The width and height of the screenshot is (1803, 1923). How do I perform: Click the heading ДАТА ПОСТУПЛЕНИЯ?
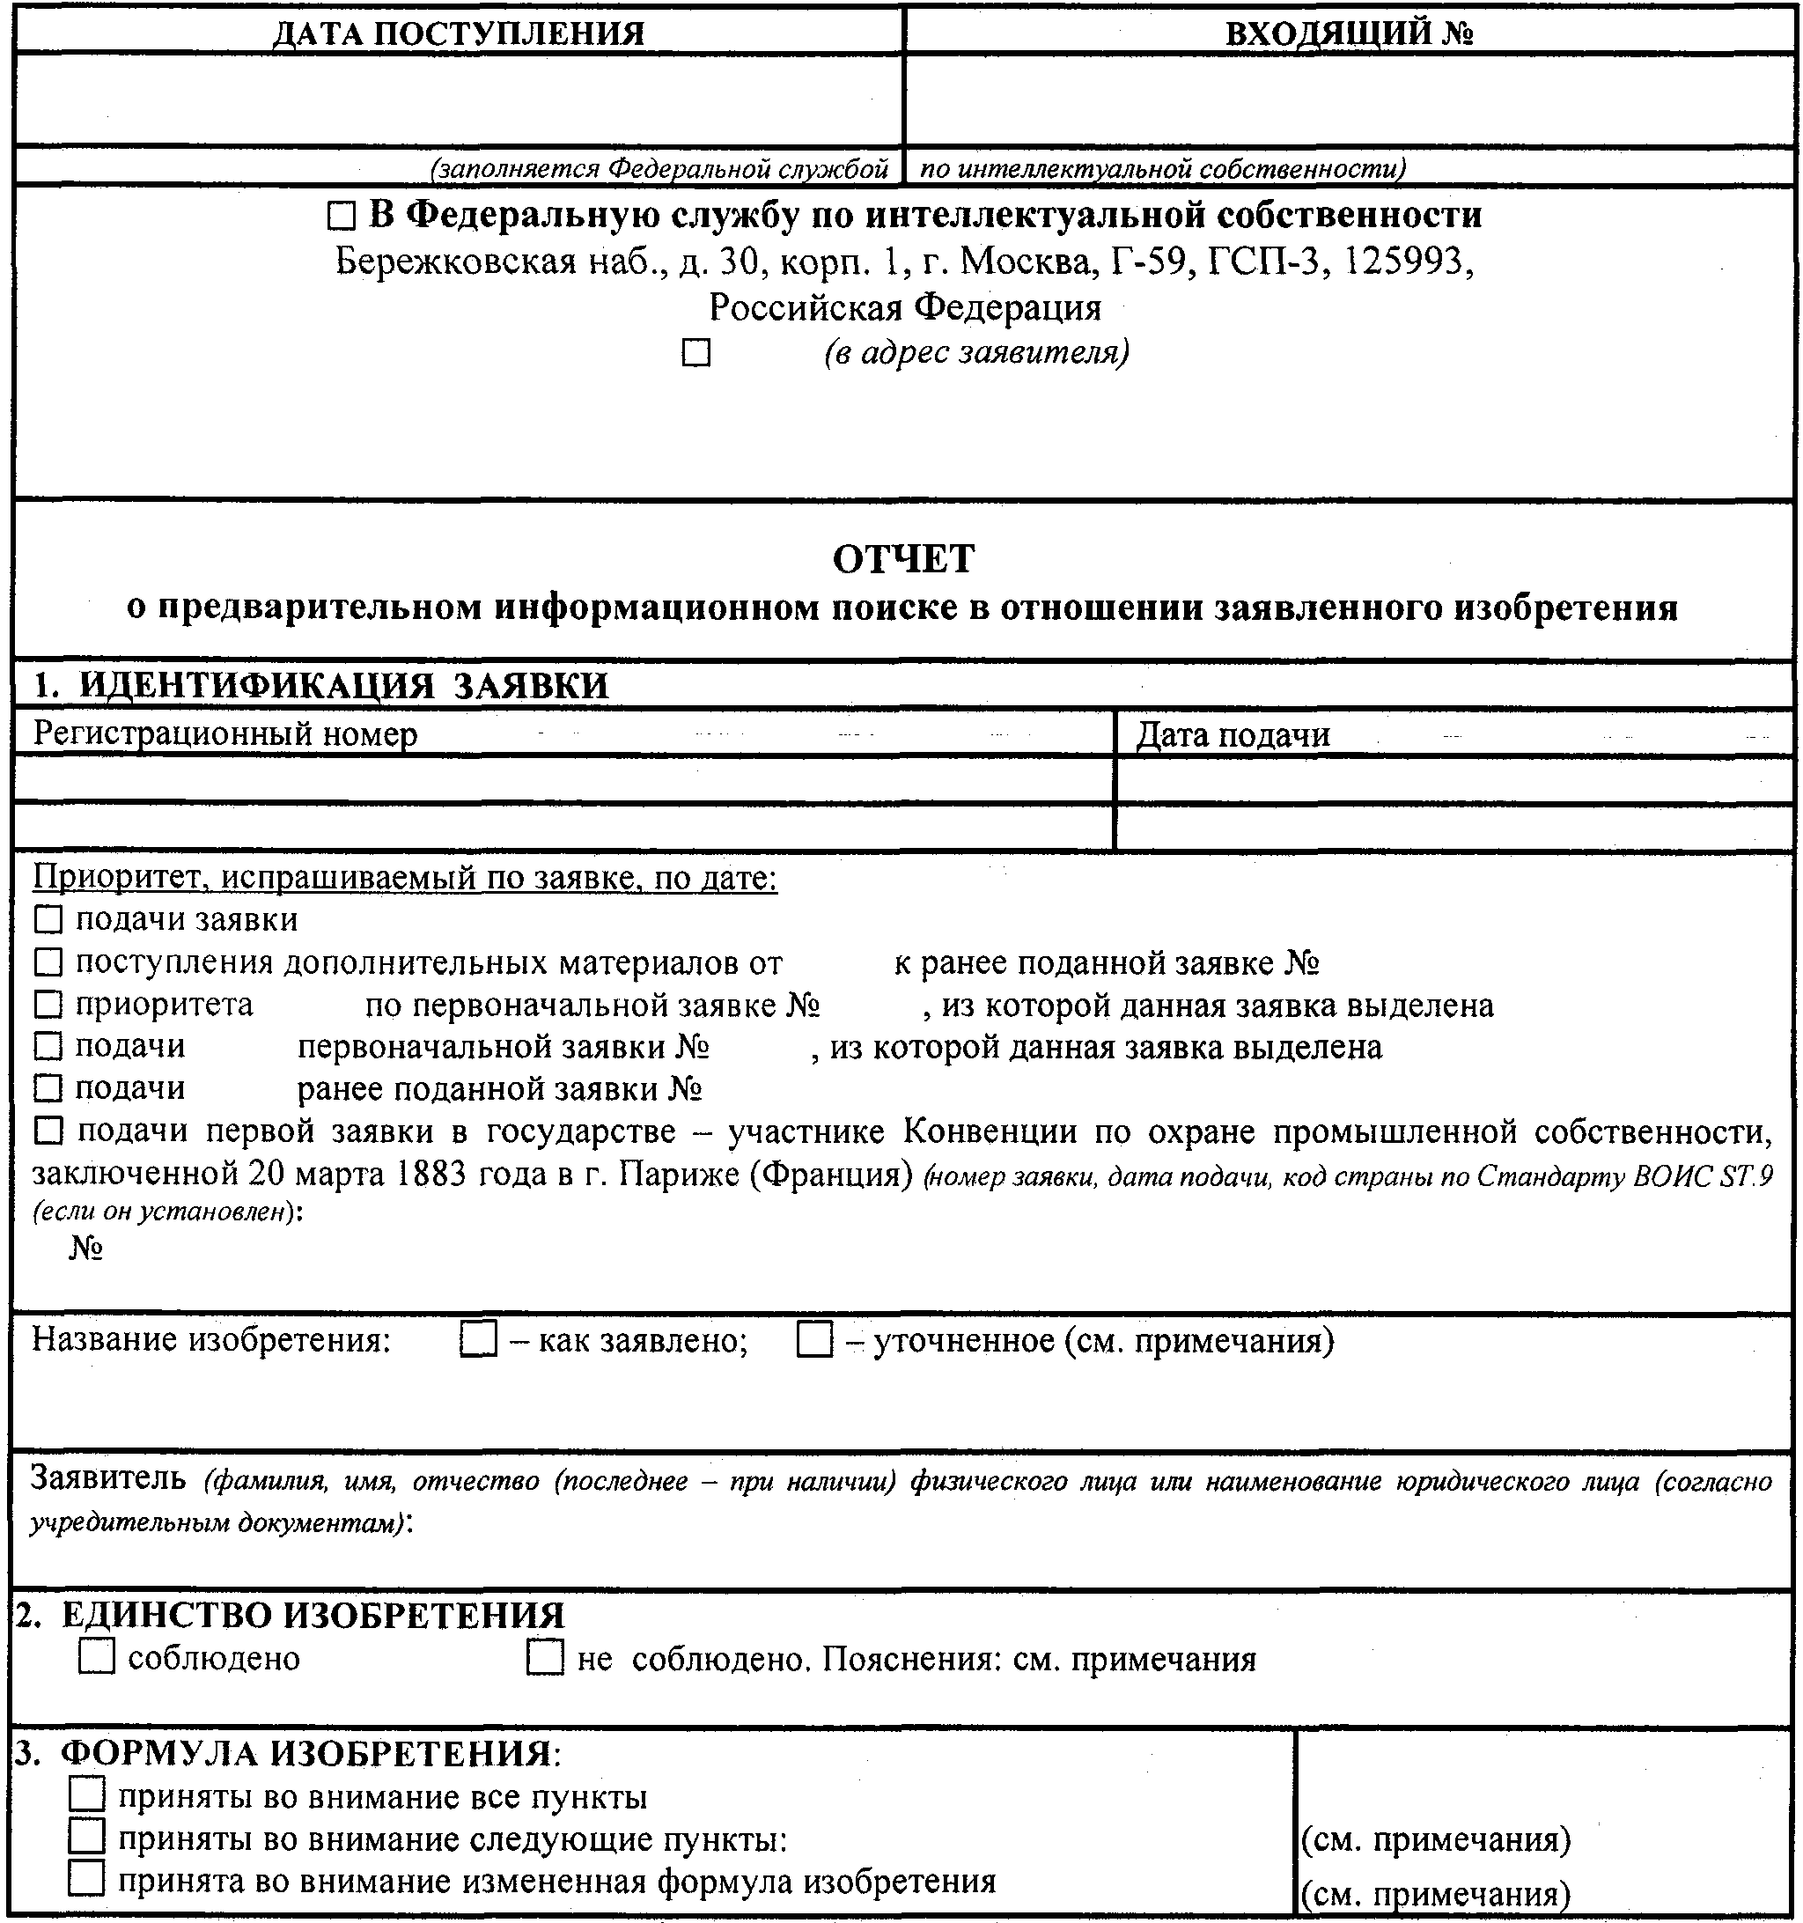pos(458,33)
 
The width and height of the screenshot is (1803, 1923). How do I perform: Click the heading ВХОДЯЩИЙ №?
pos(1349,33)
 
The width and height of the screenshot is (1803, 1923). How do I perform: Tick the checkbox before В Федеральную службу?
pos(341,217)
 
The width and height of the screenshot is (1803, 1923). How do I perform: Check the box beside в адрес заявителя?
pos(695,353)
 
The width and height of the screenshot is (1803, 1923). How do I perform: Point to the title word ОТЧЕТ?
pos(903,559)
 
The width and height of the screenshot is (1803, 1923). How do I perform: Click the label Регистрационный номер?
pos(225,734)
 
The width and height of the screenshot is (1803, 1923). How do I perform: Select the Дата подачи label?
pos(1232,735)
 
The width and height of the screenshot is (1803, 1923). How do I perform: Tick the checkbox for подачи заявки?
pos(48,920)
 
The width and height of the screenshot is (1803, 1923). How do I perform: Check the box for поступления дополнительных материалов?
pos(48,962)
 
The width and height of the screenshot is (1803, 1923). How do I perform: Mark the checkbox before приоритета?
pos(48,1005)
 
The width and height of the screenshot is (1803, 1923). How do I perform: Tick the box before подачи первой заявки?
pos(48,1130)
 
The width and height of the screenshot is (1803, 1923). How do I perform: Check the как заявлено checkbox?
pos(478,1341)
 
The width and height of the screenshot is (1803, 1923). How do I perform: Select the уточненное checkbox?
pos(813,1341)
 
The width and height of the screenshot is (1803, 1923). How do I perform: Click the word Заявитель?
pos(108,1478)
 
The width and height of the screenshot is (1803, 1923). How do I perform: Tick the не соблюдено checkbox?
pos(545,1658)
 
